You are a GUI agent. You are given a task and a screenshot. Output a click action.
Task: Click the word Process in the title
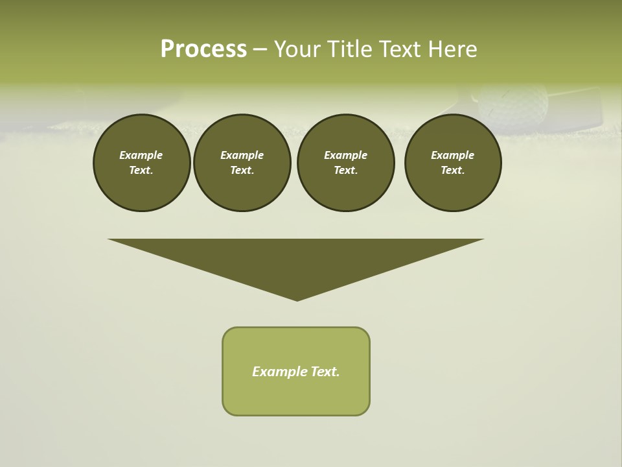[x=203, y=49]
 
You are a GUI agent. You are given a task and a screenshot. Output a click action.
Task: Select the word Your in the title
[x=297, y=49]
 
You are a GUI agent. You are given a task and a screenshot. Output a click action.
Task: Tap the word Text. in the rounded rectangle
[x=325, y=372]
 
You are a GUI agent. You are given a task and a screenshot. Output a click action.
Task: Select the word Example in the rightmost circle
[x=452, y=155]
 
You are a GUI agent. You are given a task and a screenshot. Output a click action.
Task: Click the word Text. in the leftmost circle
[x=141, y=171]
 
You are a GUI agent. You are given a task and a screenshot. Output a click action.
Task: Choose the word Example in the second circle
[x=242, y=155]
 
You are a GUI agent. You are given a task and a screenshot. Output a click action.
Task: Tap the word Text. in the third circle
[x=346, y=171]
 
